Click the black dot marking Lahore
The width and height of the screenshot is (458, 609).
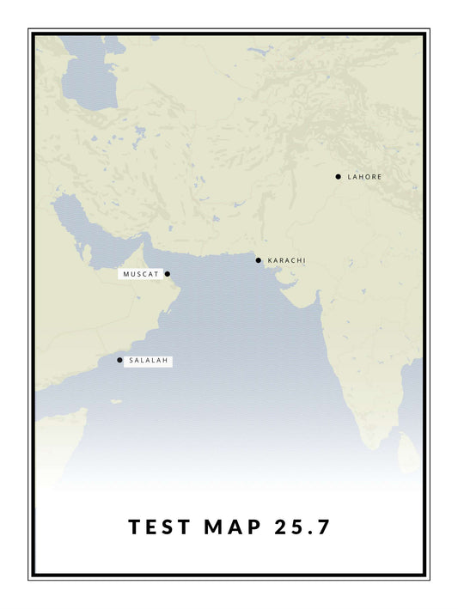click(339, 177)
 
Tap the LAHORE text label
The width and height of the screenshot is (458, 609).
click(365, 177)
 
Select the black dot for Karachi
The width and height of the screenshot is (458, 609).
click(258, 260)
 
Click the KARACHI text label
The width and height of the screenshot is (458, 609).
click(286, 260)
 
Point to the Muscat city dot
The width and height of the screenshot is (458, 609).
click(168, 274)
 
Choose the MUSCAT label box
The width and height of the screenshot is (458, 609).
click(141, 274)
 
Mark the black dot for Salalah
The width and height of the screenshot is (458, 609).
click(119, 360)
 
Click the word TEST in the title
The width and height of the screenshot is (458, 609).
click(160, 527)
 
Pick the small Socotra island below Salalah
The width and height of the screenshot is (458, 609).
click(115, 401)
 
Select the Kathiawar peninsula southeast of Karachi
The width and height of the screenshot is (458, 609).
click(296, 296)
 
